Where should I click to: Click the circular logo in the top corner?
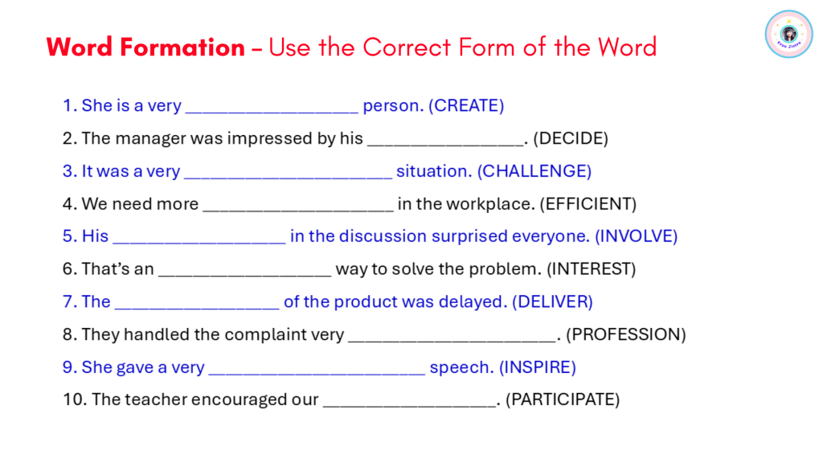click(788, 34)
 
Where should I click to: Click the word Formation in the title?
click(182, 47)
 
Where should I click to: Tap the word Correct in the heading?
click(407, 47)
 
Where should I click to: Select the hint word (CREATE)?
click(466, 105)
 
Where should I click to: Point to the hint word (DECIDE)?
click(571, 138)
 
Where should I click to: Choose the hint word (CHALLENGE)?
click(534, 171)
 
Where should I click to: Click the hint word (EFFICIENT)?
click(588, 203)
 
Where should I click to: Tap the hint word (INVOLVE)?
click(637, 236)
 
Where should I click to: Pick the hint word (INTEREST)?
click(591, 268)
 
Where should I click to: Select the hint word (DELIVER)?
click(552, 302)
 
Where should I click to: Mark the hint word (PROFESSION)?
click(625, 334)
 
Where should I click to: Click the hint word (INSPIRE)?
click(538, 367)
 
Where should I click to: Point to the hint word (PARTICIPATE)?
click(563, 399)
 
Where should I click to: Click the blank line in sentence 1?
click(272, 113)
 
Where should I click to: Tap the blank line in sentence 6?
click(244, 276)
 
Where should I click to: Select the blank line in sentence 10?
click(409, 406)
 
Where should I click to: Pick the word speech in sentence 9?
click(461, 367)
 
